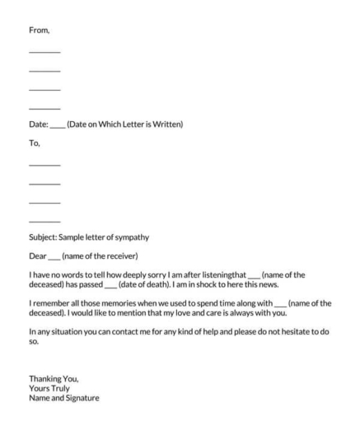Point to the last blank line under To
pos(44,222)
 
